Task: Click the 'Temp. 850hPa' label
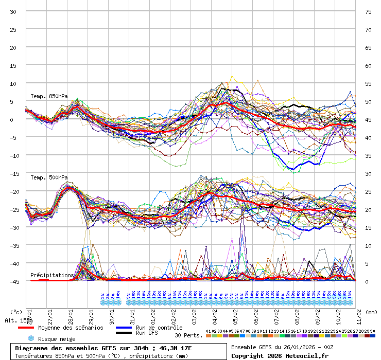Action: pos(49,97)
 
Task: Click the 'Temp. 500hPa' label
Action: pos(49,177)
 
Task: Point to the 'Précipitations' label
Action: pos(52,275)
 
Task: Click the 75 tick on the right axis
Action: pos(368,11)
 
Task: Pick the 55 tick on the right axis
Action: pos(368,83)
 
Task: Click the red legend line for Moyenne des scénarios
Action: pos(26,328)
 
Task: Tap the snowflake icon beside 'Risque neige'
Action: pos(31,338)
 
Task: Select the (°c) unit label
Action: pos(16,312)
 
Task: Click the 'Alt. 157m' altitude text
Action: pos(15,320)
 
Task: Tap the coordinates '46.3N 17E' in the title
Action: pos(176,348)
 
